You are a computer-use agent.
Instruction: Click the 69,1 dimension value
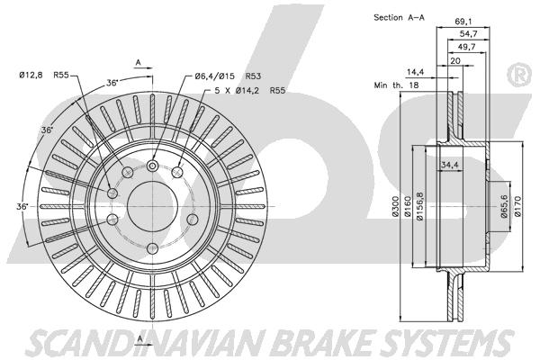(463, 22)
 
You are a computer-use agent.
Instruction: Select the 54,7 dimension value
(468, 34)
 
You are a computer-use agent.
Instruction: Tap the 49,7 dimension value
(466, 47)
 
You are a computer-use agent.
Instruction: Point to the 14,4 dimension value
(415, 72)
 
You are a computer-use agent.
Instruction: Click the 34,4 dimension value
(450, 165)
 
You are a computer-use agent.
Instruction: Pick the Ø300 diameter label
(396, 206)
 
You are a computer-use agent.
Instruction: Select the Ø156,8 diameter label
(419, 206)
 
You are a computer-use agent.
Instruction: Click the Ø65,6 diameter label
(505, 206)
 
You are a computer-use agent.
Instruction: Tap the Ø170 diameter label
(518, 206)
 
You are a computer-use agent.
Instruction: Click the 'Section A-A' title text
(399, 17)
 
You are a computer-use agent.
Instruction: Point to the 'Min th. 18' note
(396, 85)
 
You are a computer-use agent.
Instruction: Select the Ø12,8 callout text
(31, 75)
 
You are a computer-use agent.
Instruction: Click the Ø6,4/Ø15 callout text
(214, 76)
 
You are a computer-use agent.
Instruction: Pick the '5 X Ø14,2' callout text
(237, 91)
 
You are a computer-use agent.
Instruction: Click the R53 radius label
(253, 76)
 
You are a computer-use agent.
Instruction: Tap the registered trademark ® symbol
(520, 75)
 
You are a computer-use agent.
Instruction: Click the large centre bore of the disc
(152, 206)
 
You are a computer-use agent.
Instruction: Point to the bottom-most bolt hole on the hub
(152, 248)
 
